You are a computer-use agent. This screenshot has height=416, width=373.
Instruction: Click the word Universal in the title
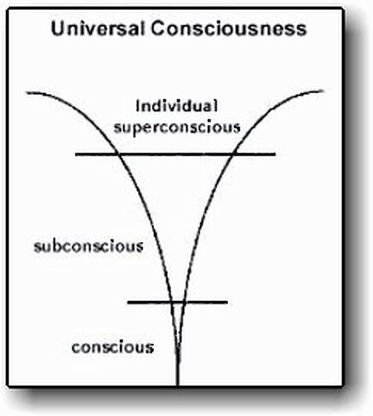(x=98, y=29)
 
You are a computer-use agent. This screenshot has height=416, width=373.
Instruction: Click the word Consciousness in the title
(x=229, y=29)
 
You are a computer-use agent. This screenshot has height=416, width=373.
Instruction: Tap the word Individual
(x=176, y=106)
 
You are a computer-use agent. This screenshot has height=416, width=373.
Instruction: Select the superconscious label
(x=177, y=128)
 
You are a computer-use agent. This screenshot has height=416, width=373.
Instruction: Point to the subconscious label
(x=89, y=246)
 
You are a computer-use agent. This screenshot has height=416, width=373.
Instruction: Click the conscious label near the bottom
(x=113, y=347)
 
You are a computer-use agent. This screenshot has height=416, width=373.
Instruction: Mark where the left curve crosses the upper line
(x=118, y=154)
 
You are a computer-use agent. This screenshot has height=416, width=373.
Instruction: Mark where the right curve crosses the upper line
(x=234, y=153)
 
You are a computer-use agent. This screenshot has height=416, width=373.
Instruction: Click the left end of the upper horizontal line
(x=76, y=154)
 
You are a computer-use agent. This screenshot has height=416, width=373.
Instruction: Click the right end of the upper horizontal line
(x=275, y=153)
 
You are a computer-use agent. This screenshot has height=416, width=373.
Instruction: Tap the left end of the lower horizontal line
(x=128, y=302)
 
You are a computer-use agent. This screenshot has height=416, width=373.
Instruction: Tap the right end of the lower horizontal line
(x=227, y=302)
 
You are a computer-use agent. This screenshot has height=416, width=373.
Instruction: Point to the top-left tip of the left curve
(x=26, y=93)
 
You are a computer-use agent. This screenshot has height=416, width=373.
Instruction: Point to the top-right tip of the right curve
(x=323, y=91)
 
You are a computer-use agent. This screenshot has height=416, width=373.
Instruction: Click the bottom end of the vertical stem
(x=178, y=384)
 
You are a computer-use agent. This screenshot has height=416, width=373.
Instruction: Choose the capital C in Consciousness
(x=158, y=29)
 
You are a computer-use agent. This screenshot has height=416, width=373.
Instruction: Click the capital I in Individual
(x=137, y=106)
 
